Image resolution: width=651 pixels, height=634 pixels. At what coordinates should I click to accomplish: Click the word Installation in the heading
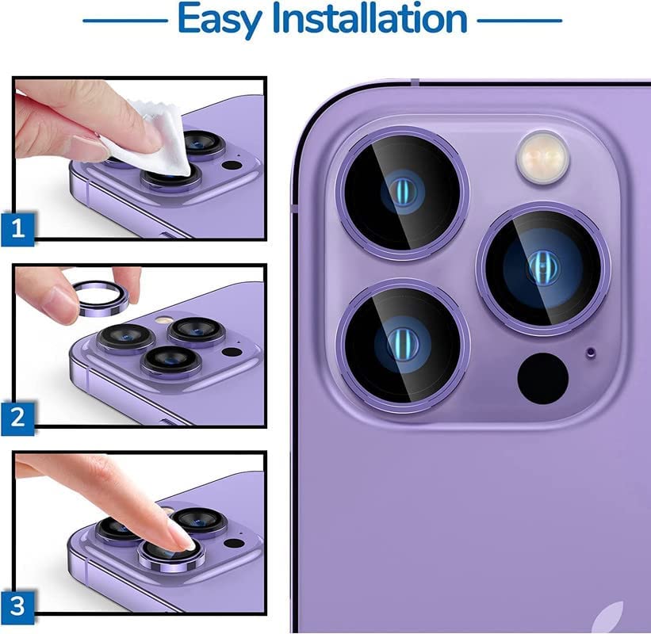pos(369,19)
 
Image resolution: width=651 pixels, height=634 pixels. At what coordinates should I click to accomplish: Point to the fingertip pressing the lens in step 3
pos(179,539)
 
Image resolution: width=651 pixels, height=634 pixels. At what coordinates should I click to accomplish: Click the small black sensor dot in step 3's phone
pos(232,544)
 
